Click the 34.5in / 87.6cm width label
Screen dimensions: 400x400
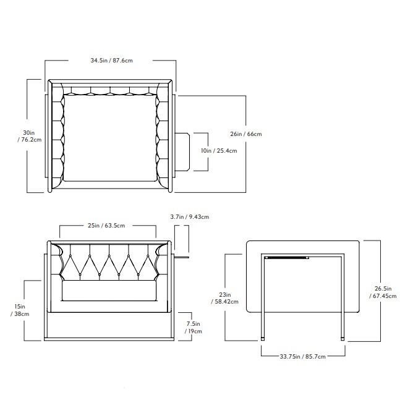pyautogui.click(x=112, y=61)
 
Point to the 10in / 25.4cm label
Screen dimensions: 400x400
pyautogui.click(x=219, y=150)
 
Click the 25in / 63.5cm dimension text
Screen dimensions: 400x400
pyautogui.click(x=108, y=226)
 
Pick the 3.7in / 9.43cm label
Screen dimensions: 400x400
pyautogui.click(x=189, y=217)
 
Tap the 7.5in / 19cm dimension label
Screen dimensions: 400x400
pyautogui.click(x=194, y=327)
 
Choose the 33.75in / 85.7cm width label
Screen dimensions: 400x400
pyautogui.click(x=302, y=357)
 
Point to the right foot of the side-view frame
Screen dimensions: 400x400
pyautogui.click(x=343, y=339)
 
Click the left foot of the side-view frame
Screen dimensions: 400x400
pyautogui.click(x=264, y=339)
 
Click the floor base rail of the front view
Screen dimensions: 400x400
pyautogui.click(x=109, y=338)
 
